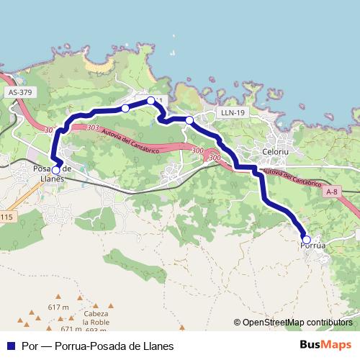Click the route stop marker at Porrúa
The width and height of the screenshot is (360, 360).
coord(306,240)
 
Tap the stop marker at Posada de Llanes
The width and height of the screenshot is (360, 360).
coord(55,171)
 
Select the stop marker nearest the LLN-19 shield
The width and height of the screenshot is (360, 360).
coord(189,120)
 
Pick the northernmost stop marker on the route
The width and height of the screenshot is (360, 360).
coord(150,101)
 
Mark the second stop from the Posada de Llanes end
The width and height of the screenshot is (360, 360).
coord(125,108)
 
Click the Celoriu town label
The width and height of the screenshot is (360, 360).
coord(276,153)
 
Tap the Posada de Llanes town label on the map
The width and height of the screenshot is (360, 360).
coord(52,174)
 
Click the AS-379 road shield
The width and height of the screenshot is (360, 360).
coord(21,92)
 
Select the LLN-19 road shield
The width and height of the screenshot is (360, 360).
coord(233,112)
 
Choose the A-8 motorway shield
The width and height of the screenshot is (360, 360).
coord(331,192)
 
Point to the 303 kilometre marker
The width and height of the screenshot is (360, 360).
coord(91,127)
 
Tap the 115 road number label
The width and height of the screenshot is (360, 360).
coord(6,217)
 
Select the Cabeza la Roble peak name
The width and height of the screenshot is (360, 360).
coord(96,318)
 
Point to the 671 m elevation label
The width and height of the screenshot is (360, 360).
coord(71,329)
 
